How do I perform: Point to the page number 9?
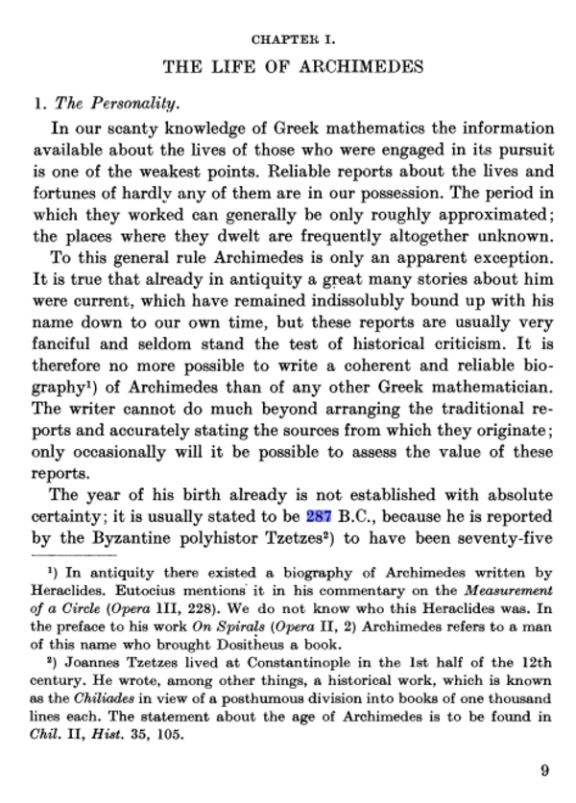pos(544,770)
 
